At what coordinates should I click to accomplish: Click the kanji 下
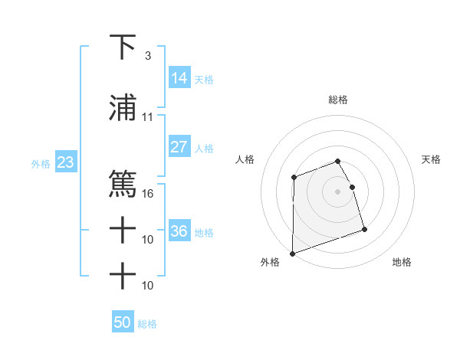click(123, 47)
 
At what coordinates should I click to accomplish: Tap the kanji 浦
click(123, 109)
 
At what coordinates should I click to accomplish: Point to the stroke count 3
click(147, 56)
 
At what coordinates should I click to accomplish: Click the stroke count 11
click(147, 117)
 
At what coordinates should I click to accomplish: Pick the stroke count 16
click(148, 193)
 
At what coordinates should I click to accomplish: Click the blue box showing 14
click(179, 77)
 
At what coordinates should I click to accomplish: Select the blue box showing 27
click(179, 147)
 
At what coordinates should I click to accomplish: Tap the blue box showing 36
click(179, 231)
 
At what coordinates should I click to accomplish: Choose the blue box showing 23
click(66, 162)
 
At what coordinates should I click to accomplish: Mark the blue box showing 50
click(122, 322)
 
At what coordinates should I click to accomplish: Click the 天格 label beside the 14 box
click(204, 79)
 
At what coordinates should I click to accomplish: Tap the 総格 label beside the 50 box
click(147, 324)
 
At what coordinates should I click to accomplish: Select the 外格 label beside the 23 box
click(41, 163)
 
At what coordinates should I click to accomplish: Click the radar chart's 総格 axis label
click(338, 100)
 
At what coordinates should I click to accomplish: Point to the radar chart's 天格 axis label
click(432, 159)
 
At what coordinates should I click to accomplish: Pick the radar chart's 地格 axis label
click(402, 263)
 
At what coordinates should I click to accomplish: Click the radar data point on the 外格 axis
click(293, 253)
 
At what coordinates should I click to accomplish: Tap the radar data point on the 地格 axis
click(364, 229)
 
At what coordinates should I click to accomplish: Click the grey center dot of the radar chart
click(338, 191)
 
